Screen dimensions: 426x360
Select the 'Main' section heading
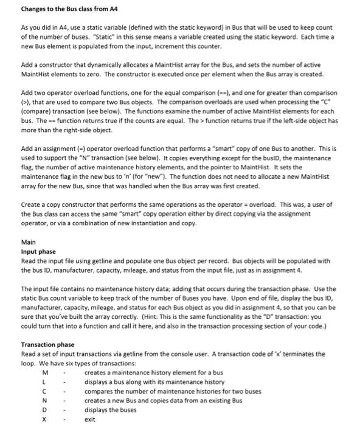click(x=29, y=241)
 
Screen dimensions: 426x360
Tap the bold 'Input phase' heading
click(x=38, y=251)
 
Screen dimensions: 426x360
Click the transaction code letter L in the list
click(x=44, y=382)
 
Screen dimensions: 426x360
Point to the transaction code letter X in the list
click(x=44, y=419)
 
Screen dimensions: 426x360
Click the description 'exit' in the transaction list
click(x=90, y=419)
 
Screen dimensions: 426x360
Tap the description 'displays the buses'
click(x=110, y=410)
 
